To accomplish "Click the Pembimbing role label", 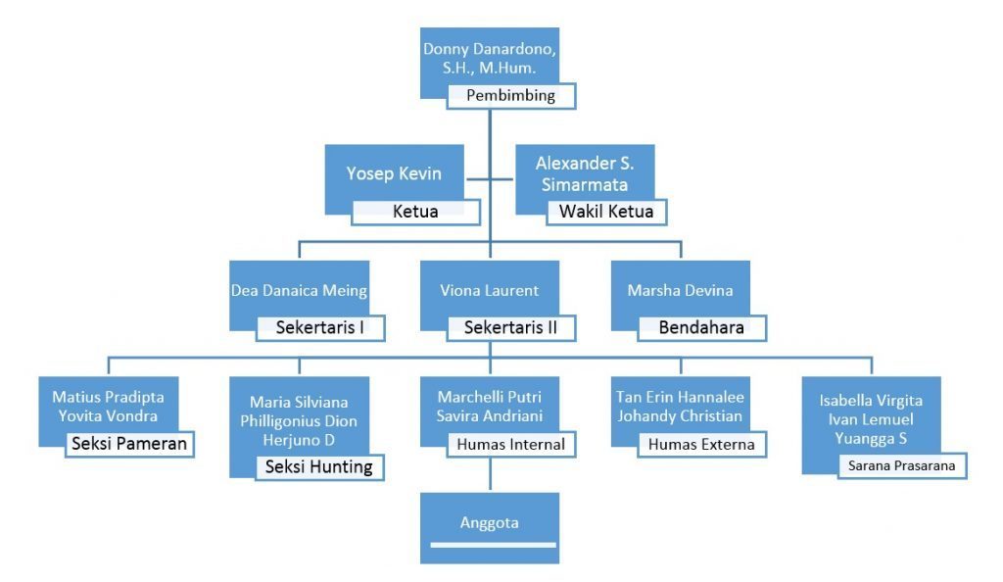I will click(x=510, y=96).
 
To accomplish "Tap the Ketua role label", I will click(x=415, y=211).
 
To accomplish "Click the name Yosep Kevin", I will click(x=394, y=173).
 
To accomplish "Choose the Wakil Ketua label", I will click(x=605, y=211).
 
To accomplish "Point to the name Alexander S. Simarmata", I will click(x=580, y=173).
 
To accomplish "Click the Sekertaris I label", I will click(x=319, y=327).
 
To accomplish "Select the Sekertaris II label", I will click(x=510, y=327).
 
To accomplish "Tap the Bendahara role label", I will click(x=700, y=327).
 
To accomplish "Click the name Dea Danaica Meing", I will click(x=299, y=290).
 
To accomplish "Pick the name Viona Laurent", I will click(x=489, y=290).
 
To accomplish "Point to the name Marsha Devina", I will click(x=680, y=290).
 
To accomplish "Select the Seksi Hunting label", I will click(x=319, y=466).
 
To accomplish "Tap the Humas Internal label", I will click(x=510, y=444).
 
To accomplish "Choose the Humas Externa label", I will click(x=700, y=444).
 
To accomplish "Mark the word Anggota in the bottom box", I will click(x=489, y=522).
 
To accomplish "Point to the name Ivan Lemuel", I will click(x=871, y=419).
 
